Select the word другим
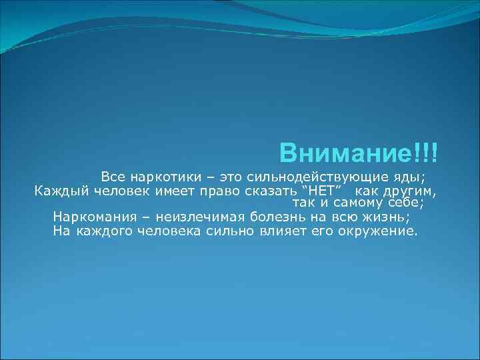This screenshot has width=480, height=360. (413, 192)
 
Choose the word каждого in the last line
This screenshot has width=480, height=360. (104, 231)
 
